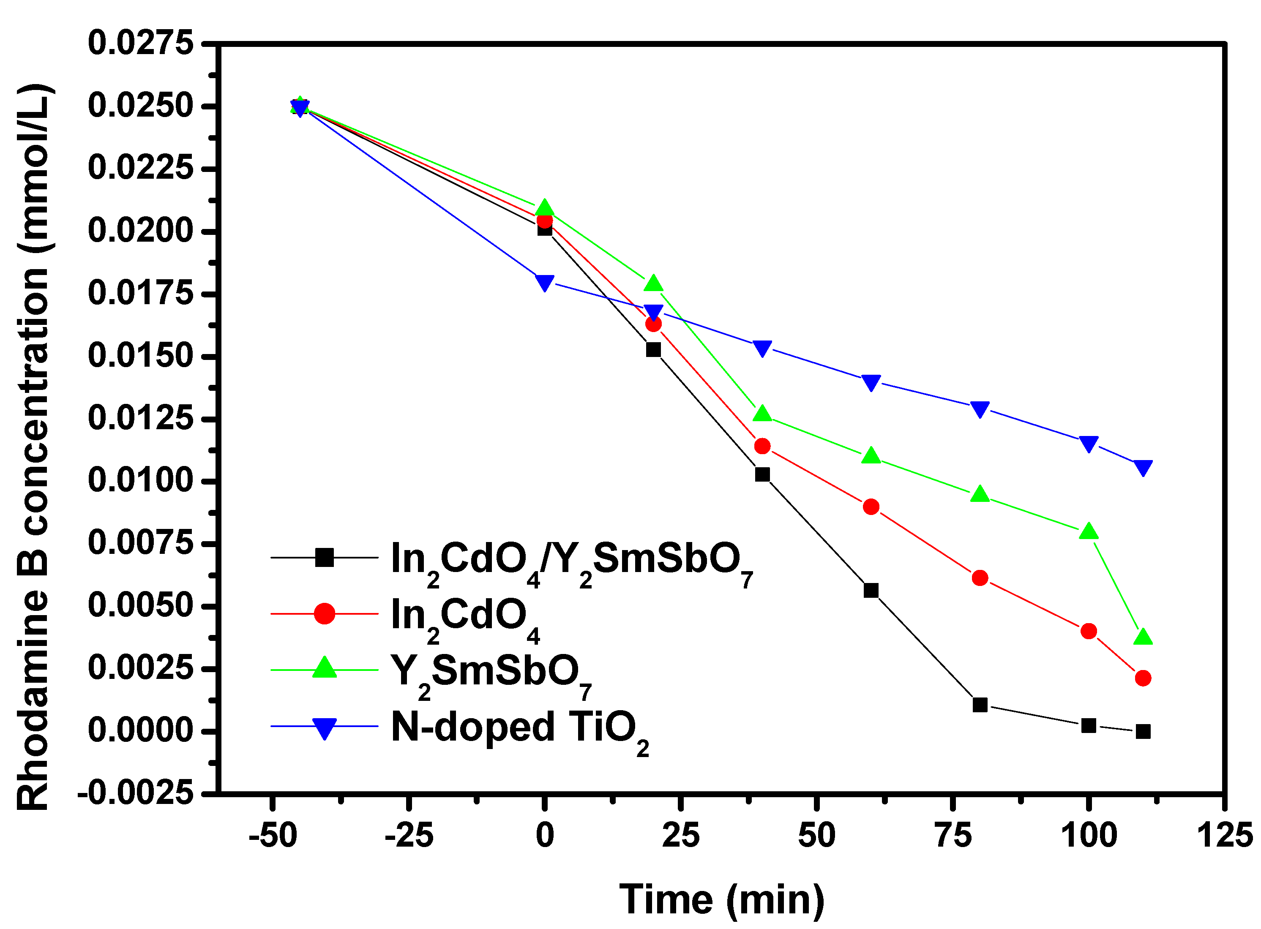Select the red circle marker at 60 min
click(x=871, y=507)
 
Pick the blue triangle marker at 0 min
click(x=544, y=282)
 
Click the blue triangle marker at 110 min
click(x=1143, y=467)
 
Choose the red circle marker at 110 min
click(x=1143, y=678)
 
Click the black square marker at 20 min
click(x=653, y=350)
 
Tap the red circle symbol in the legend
click(x=325, y=613)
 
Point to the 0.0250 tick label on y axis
click(x=141, y=106)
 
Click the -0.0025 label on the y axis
click(x=135, y=793)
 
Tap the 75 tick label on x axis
click(x=953, y=836)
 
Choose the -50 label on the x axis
click(x=273, y=836)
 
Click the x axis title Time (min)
click(x=722, y=899)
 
